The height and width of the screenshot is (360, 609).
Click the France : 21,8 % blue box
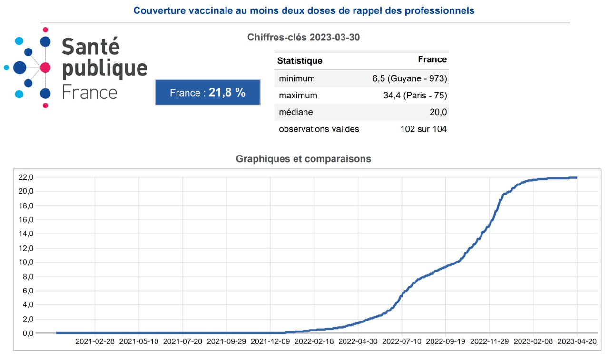pos(207,92)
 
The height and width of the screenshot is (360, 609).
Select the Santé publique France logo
pos(76,68)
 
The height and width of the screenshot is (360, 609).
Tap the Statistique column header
pos(300,61)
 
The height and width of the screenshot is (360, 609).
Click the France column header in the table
pos(432,59)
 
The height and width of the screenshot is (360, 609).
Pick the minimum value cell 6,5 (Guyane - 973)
pos(410,78)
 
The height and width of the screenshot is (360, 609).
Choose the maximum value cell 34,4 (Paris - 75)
pos(415,96)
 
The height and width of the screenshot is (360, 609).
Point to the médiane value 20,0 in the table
pos(438,113)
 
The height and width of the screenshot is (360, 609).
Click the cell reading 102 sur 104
pos(423,129)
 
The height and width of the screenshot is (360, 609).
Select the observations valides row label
pos(319,129)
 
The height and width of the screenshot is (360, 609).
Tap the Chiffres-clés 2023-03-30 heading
pos(304,37)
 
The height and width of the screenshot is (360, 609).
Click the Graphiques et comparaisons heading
pos(304,159)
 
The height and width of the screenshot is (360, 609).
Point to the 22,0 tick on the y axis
pos(25,177)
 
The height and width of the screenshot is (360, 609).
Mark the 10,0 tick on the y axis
pos(25,262)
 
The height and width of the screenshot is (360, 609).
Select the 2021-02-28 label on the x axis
pos(95,341)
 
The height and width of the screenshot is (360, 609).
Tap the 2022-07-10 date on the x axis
pos(402,341)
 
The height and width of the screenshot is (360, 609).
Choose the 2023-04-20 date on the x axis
pos(577,341)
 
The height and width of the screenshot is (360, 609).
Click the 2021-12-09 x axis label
pos(270,341)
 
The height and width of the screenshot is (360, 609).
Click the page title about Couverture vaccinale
pos(304,10)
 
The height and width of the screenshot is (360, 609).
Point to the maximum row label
pos(298,96)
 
